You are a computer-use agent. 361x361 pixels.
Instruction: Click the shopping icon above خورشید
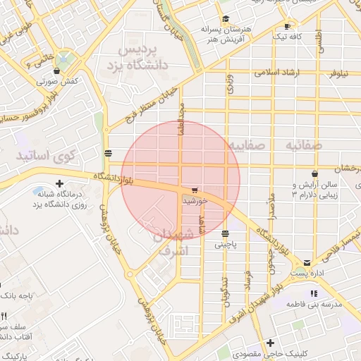[195, 190]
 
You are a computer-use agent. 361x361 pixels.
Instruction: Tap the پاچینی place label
[226, 245]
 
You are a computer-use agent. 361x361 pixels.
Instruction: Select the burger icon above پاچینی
[226, 234]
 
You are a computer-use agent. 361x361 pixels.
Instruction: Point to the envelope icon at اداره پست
[307, 263]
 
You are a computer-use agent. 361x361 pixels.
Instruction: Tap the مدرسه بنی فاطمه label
[314, 303]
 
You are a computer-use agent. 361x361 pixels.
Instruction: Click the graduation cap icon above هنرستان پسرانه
[226, 19]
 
